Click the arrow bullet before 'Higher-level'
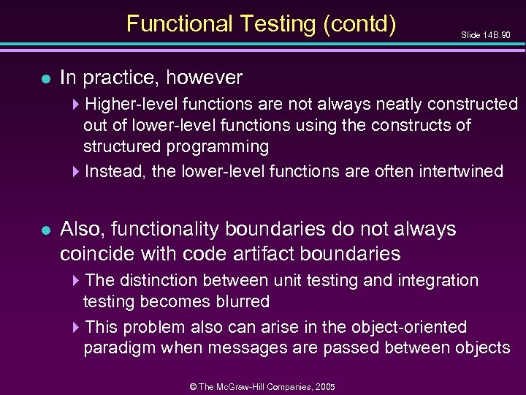[78, 105]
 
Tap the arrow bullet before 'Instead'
[78, 172]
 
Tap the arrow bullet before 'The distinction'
[78, 281]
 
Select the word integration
[437, 280]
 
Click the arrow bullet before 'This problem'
[78, 327]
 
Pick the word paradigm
[120, 347]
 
